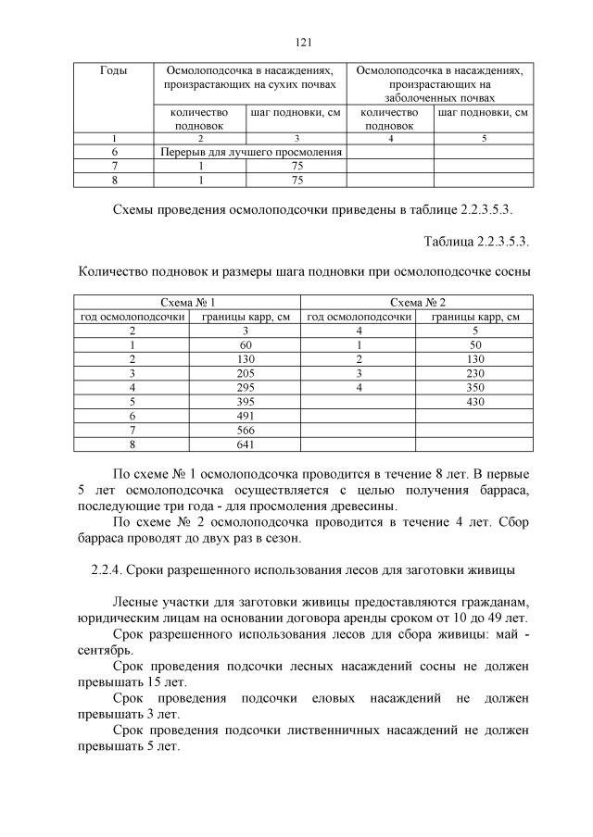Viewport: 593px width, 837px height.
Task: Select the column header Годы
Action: (112, 70)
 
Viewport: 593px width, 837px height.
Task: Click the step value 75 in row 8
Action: (297, 179)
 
